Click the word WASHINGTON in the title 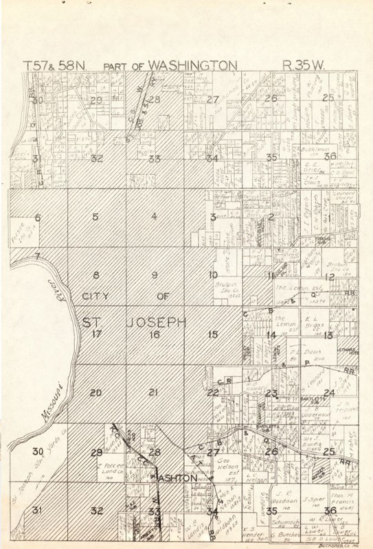[x=193, y=66]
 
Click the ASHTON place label [x=179, y=478]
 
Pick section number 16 [x=155, y=335]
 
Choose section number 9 [x=155, y=276]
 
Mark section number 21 [x=155, y=393]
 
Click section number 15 [x=213, y=335]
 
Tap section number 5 [x=96, y=218]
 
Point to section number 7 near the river [x=38, y=256]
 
